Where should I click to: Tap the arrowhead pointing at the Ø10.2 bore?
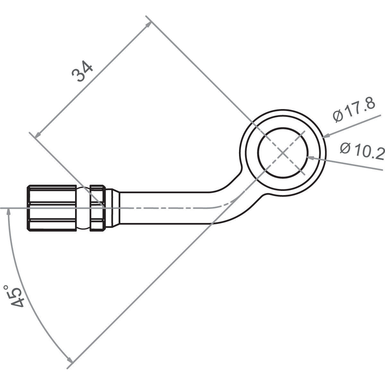point(310,157)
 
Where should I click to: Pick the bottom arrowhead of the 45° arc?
point(69,359)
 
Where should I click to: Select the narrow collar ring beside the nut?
point(98,208)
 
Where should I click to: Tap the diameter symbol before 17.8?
point(338,115)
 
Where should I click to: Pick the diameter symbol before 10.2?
point(346,148)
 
